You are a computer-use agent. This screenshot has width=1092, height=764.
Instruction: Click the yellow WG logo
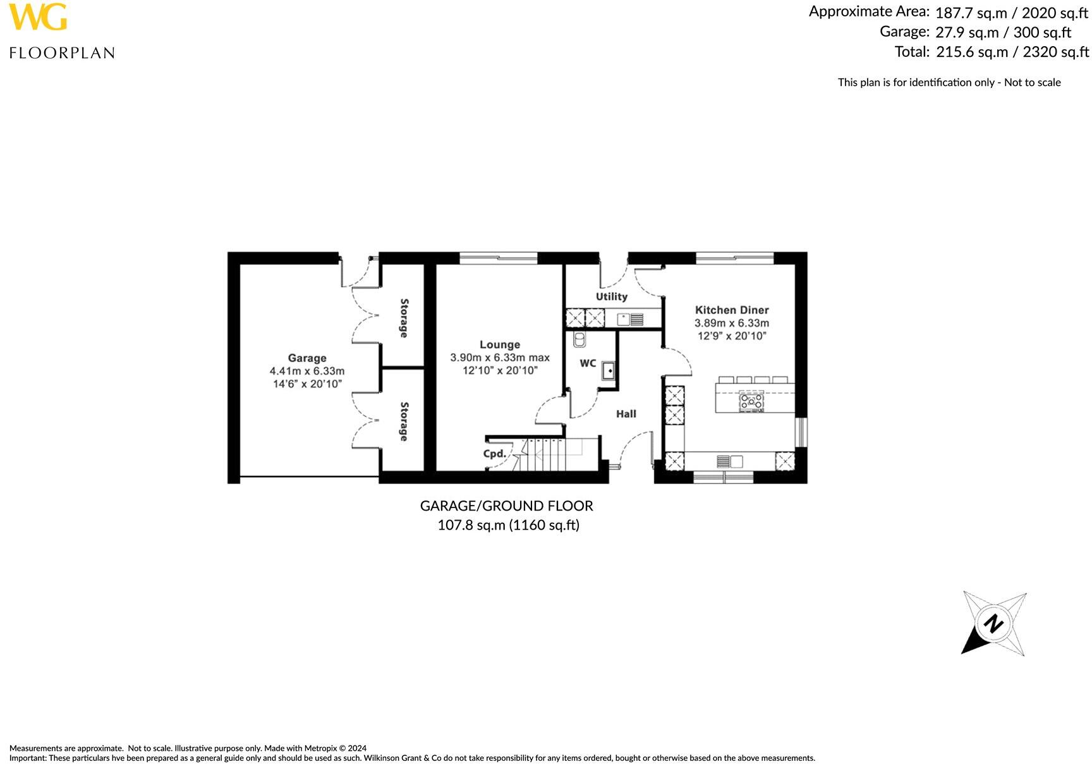(38, 17)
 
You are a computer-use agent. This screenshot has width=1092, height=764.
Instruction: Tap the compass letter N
(993, 624)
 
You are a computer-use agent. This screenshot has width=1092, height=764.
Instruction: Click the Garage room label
(307, 358)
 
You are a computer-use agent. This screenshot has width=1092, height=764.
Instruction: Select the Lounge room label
(499, 344)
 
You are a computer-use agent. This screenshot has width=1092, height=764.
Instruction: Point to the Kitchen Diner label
(732, 310)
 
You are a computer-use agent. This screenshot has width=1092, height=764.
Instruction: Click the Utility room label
(611, 296)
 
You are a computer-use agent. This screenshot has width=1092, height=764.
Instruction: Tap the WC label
(588, 363)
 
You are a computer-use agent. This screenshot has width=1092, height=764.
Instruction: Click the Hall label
(626, 414)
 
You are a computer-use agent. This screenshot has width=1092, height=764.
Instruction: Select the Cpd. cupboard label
(494, 454)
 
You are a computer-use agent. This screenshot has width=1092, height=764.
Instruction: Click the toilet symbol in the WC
(578, 341)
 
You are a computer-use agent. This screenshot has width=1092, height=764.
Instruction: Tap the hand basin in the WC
(609, 370)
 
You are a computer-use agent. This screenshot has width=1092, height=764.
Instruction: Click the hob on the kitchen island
(751, 401)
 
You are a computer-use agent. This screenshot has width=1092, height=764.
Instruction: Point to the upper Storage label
(403, 318)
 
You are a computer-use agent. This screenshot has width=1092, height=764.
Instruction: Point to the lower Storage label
(403, 421)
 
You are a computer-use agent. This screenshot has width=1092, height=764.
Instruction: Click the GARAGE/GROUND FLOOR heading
(506, 506)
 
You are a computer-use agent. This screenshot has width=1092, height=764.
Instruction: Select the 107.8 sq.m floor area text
(472, 525)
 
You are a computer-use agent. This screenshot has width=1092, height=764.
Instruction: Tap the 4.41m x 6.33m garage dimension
(307, 371)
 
